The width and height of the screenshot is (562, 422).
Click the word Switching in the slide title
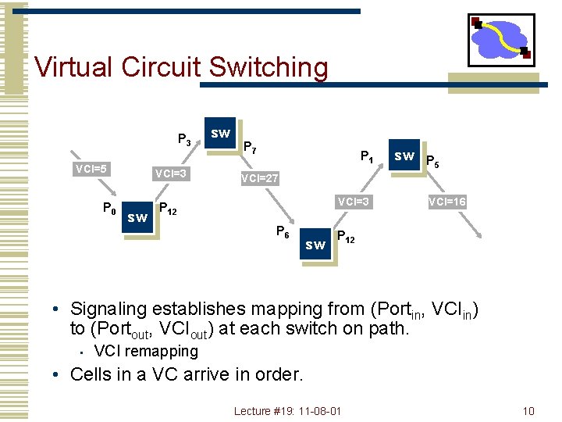click(269, 67)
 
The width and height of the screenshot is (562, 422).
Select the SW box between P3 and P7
click(221, 134)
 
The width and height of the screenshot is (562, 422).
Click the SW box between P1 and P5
click(404, 156)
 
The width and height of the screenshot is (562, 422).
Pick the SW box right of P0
click(137, 217)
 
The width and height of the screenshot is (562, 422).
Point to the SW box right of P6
click(315, 245)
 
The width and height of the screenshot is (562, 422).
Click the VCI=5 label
click(91, 168)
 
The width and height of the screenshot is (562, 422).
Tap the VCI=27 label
click(260, 179)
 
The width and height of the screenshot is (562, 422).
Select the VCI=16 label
click(447, 202)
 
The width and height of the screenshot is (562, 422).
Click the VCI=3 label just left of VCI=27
click(170, 173)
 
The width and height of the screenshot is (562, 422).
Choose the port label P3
click(184, 141)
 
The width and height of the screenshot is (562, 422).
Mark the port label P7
click(251, 147)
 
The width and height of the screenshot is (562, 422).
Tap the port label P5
click(432, 163)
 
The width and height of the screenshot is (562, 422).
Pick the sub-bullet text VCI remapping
click(146, 351)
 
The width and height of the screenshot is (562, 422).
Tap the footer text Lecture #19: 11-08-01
click(287, 411)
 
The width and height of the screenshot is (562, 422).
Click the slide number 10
click(528, 411)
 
